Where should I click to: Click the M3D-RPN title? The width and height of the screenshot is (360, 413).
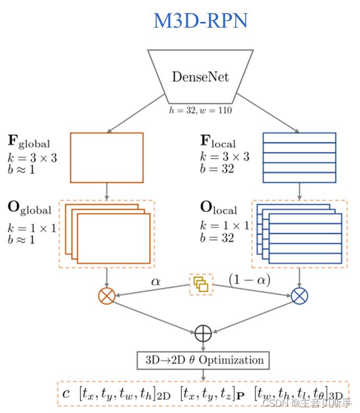[200, 21]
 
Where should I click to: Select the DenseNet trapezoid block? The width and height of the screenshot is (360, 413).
[200, 77]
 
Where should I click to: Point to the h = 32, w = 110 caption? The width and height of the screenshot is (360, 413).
[200, 110]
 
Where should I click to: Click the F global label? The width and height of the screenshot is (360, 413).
[29, 141]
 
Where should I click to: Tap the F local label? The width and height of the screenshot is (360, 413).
[218, 141]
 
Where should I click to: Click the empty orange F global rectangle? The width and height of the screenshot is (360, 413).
[106, 157]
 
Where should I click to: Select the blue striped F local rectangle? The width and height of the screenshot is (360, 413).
[299, 157]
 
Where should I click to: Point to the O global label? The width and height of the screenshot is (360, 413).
[29, 208]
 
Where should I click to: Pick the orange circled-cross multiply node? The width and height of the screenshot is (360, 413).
[106, 296]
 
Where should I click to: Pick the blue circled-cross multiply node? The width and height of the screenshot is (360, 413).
[299, 296]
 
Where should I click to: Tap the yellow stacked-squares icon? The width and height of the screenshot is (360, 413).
[201, 284]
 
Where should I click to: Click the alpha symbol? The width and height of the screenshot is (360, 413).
[155, 281]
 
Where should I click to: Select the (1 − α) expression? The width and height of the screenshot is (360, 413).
[249, 280]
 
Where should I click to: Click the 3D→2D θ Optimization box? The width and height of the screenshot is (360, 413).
[203, 360]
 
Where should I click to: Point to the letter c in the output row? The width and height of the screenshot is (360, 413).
[66, 394]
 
